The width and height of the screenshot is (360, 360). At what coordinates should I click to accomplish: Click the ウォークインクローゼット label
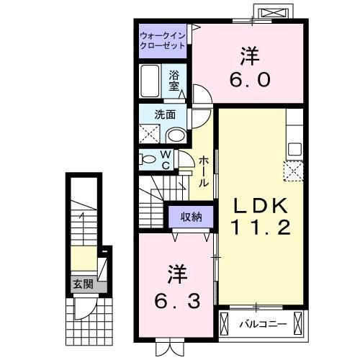163,41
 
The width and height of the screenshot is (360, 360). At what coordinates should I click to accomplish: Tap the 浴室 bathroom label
174,81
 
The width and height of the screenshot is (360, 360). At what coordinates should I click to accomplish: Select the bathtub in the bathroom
150,81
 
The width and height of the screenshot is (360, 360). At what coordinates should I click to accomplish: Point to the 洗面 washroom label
165,114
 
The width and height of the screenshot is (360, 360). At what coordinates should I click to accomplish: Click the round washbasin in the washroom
176,136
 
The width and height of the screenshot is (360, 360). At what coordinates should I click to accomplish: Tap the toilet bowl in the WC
148,159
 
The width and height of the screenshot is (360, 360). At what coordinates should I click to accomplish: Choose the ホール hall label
204,171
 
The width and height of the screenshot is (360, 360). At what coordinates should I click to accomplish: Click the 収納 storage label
191,217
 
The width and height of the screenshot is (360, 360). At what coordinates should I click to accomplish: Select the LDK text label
261,206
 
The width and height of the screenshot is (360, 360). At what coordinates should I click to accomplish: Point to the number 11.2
261,228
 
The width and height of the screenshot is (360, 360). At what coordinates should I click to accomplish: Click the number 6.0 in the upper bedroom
251,80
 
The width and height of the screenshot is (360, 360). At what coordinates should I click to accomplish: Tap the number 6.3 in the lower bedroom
177,301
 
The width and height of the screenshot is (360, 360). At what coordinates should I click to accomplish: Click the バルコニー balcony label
264,325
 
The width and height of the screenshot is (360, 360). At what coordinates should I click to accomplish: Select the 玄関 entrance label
83,284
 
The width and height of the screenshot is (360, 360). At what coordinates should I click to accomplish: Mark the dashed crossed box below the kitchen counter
294,171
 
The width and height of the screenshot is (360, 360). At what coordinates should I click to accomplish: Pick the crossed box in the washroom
149,134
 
